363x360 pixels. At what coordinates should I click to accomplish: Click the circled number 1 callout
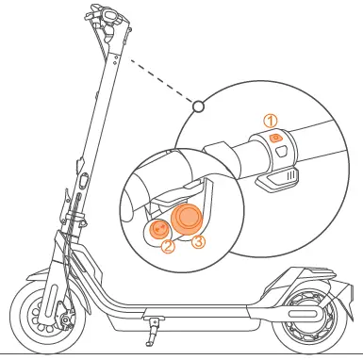pos(271,121)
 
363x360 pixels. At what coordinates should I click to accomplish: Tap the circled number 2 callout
pos(167,248)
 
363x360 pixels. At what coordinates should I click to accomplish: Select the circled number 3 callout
pos(198,241)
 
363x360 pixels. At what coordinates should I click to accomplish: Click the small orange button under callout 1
pos(275,138)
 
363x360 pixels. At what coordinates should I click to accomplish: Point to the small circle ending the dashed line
pos(198,107)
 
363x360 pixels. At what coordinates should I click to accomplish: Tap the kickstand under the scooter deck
pos(152,331)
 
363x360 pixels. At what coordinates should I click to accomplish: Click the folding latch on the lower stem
pos(80,179)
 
